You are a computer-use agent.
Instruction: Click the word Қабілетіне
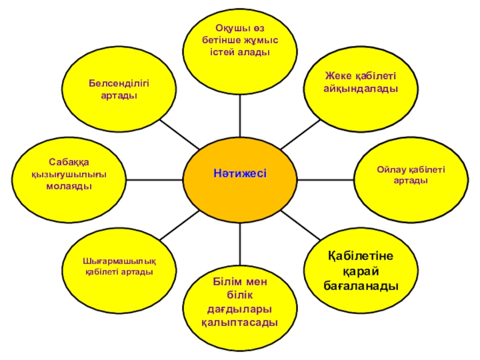pos(361,257)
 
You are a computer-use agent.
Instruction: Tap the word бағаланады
pos(360,287)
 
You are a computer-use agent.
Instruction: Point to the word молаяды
pos(69,186)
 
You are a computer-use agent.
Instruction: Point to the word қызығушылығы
pos(69,175)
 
